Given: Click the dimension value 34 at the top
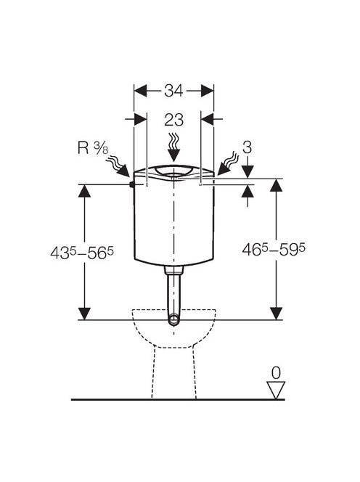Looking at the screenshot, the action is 173,91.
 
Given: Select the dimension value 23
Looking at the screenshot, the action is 173,120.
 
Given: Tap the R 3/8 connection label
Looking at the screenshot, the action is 93,148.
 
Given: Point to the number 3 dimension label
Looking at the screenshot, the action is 247,147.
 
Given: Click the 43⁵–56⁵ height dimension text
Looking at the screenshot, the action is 82,253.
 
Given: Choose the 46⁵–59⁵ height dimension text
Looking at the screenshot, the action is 274,249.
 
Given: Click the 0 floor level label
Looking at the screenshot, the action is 276,373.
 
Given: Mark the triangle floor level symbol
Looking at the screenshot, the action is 276,391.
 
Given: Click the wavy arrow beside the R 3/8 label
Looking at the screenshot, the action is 118,167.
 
